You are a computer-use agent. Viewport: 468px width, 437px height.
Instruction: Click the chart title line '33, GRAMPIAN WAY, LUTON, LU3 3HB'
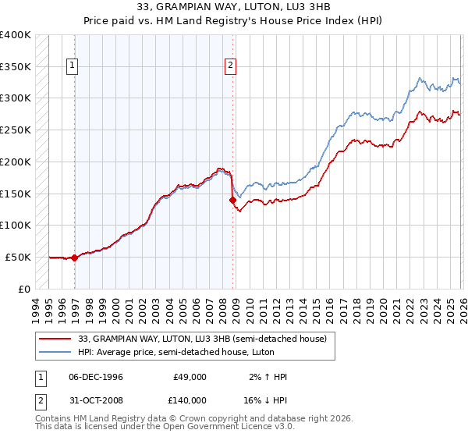tap(233, 7)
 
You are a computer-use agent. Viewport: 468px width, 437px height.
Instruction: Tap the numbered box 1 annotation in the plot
tap(72, 66)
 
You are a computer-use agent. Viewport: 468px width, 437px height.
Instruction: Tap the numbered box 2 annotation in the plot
tap(232, 66)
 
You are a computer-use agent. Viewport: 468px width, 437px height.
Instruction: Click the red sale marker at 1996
tap(75, 258)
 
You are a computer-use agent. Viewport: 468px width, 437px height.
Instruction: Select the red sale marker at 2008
tap(232, 200)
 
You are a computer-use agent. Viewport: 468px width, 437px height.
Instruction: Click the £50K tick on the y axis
tap(18, 257)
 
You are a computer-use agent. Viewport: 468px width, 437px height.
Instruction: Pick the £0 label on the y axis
tap(24, 289)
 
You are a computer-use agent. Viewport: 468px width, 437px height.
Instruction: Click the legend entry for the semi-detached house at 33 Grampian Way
tap(196, 338)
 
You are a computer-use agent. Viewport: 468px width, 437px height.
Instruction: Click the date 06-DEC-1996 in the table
tap(95, 377)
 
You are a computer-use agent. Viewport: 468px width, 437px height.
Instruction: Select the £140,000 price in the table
tap(190, 400)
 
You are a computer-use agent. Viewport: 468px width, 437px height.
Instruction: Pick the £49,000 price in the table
tap(190, 377)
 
